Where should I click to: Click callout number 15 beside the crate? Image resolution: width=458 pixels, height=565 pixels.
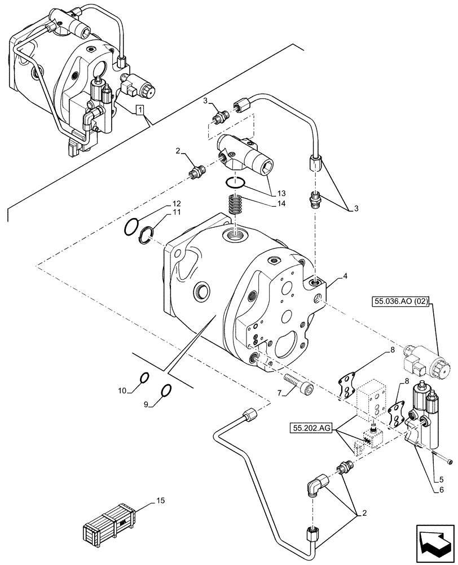(x=160, y=501)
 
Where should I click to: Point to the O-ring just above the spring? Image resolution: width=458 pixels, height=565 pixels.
(x=235, y=182)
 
